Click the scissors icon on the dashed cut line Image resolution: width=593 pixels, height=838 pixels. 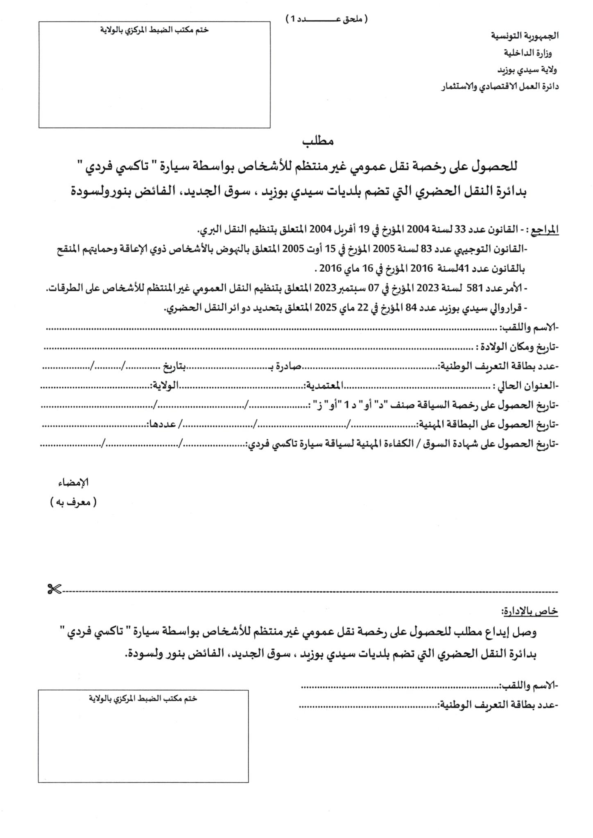pos(54,590)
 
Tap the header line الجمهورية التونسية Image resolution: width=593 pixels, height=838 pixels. pos(525,36)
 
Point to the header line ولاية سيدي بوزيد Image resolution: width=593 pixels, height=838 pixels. pos(527,70)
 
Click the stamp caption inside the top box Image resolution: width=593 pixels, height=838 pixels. pos(154,30)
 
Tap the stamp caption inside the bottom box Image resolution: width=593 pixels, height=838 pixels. pos(143,698)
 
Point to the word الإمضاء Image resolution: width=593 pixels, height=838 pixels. pos(74,483)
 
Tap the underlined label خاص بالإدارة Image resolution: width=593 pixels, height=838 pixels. pos(529,611)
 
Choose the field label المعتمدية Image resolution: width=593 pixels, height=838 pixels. pos(323,385)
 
